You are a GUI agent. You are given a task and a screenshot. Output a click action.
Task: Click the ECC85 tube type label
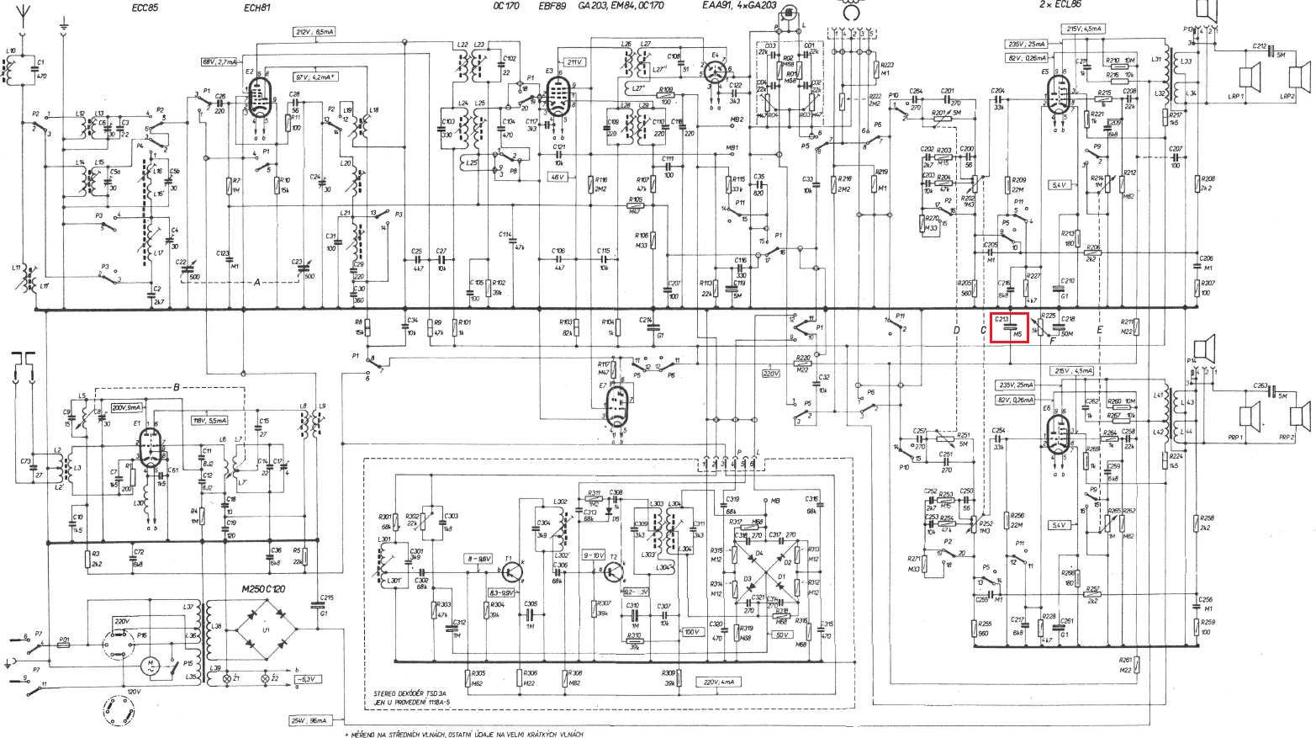click(x=144, y=8)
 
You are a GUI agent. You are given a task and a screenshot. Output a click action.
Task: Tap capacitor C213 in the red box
click(x=1009, y=327)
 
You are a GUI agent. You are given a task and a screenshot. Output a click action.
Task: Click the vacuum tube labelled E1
click(x=151, y=447)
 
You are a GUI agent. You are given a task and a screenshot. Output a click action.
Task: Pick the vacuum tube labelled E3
click(x=557, y=97)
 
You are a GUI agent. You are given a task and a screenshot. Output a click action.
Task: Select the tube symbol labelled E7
click(x=617, y=407)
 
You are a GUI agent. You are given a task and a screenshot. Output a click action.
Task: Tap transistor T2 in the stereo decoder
click(x=612, y=571)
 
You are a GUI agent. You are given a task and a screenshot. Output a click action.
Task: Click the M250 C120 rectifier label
click(x=262, y=589)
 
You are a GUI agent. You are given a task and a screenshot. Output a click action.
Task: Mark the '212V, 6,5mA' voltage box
click(x=314, y=32)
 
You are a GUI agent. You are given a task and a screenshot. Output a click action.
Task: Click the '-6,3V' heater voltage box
click(x=308, y=678)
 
